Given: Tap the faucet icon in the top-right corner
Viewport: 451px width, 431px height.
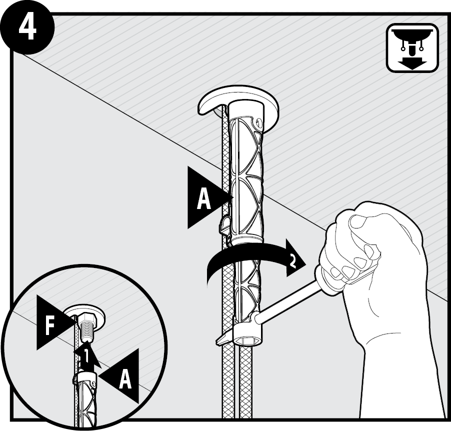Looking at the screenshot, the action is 412,48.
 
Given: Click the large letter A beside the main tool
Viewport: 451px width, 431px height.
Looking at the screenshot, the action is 203,198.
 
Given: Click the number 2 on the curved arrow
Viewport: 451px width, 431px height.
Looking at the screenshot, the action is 292,261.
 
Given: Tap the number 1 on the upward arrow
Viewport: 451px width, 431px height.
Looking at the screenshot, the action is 86,356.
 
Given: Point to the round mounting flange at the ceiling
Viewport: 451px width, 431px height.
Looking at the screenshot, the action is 238,106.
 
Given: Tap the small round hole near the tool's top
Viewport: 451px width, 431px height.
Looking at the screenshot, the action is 258,123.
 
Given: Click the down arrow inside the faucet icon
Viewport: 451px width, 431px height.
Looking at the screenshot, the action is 412,62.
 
